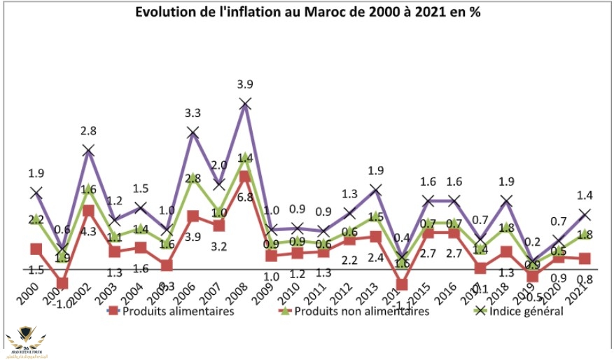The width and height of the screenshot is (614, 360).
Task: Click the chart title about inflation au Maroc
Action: click(306, 12)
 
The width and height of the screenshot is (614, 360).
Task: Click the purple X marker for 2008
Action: click(244, 104)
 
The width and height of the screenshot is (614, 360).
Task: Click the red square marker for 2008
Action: click(244, 176)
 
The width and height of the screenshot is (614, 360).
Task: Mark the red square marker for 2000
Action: click(36, 249)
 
